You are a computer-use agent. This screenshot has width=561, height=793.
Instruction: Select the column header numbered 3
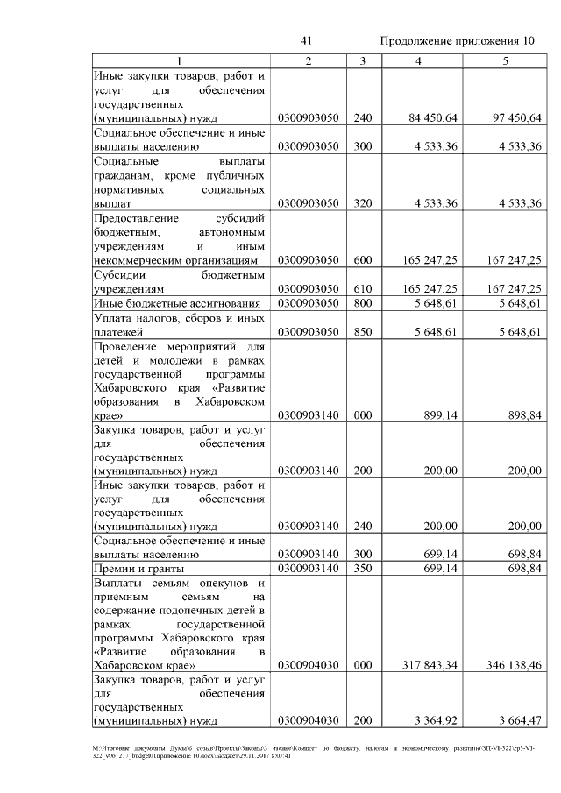362,60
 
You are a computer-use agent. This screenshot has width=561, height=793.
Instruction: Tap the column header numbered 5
504,60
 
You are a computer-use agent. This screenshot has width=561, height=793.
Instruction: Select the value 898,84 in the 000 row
524,414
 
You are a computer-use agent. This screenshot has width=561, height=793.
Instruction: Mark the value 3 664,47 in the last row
520,722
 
